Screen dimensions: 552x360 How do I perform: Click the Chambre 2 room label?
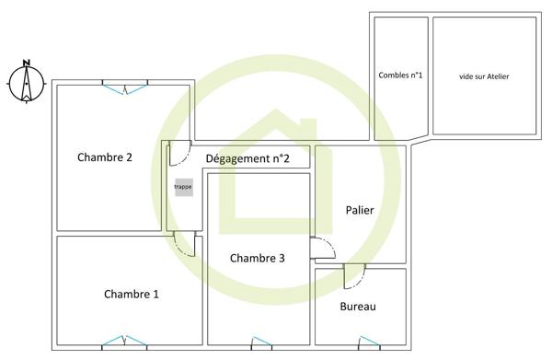[105, 157]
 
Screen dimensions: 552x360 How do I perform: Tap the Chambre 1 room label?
[132, 294]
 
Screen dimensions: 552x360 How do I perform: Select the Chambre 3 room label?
[257, 258]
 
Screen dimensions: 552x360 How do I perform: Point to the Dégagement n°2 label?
[247, 158]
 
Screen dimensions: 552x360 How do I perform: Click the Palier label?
[360, 210]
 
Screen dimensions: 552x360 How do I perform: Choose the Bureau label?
[358, 307]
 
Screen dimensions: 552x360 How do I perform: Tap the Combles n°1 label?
[400, 75]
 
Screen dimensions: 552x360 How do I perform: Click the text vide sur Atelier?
[484, 76]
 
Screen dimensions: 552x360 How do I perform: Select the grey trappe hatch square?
[184, 187]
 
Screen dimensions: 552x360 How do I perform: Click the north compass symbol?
[27, 84]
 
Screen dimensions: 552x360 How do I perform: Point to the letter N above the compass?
[27, 63]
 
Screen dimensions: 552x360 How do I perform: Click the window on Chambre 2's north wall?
[125, 87]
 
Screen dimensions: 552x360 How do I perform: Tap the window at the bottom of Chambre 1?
[124, 342]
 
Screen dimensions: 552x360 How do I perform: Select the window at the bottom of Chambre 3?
[261, 343]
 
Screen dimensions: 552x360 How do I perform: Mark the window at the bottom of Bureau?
[369, 343]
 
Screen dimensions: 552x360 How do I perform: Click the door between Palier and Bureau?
[354, 276]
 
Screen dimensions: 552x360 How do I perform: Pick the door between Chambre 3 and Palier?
[323, 248]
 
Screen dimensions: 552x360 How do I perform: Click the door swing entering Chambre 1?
[185, 244]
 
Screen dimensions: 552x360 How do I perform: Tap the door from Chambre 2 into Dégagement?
[180, 153]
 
